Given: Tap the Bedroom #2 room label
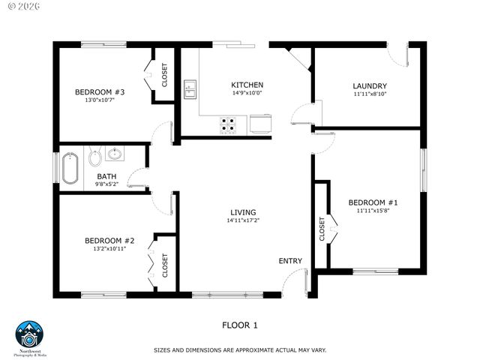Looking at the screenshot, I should pos(109,241).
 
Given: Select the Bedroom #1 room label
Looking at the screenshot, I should pos(372,202).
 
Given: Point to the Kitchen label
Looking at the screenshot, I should pos(247,85).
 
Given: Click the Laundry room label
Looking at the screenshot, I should pos(370,85).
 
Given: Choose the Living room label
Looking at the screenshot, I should pos(243,212).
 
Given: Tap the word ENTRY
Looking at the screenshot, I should pos(290,261).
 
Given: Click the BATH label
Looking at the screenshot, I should pos(106,176).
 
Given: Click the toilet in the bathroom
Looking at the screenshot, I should pos(95,157).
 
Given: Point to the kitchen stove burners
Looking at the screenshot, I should pos(228,124).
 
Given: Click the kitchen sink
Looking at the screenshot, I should pos(190,91).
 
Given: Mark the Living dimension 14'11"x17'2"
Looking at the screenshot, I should pos(243,221).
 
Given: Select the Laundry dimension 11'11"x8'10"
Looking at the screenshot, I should pos(370,94).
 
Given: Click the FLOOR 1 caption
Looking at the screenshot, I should pos(239,325).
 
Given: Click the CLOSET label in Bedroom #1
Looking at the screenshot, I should pos(322,229).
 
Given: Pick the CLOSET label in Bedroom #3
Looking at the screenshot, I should pos(165,75).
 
